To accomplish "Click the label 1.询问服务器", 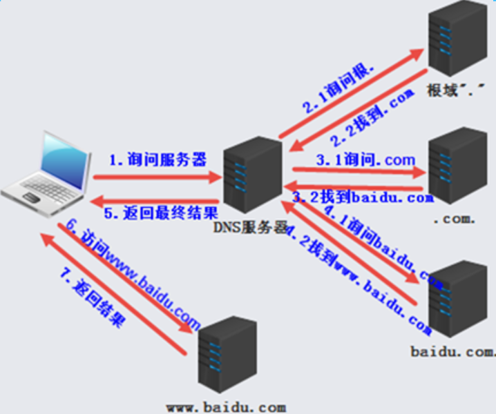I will pyautogui.click(x=158, y=160).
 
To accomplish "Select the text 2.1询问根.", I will pyautogui.click(x=338, y=88).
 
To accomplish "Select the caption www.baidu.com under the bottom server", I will pyautogui.click(x=226, y=407).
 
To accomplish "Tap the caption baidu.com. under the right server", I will pyautogui.click(x=452, y=352).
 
